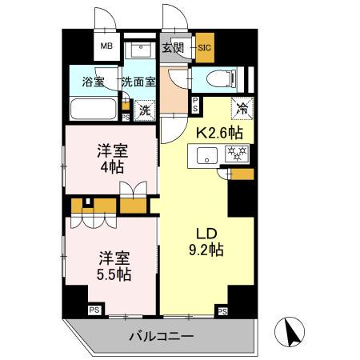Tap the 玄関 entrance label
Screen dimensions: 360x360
tap(173, 47)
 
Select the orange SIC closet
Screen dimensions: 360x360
tap(203, 47)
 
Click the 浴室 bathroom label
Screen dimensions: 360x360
tap(94, 81)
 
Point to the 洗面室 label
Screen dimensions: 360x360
tap(138, 81)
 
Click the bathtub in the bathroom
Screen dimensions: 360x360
tap(94, 110)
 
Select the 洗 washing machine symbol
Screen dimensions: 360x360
tap(145, 109)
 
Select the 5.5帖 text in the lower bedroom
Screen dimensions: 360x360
tap(114, 274)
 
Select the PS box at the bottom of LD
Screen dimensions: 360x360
tap(222, 310)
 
